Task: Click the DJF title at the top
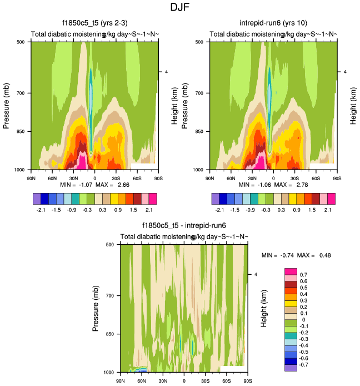point(180,8)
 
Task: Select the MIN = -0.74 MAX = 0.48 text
point(297,255)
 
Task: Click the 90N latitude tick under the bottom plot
point(121,381)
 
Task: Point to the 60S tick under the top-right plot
point(316,179)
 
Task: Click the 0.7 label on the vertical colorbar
point(303,275)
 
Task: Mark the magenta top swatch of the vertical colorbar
point(291,271)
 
